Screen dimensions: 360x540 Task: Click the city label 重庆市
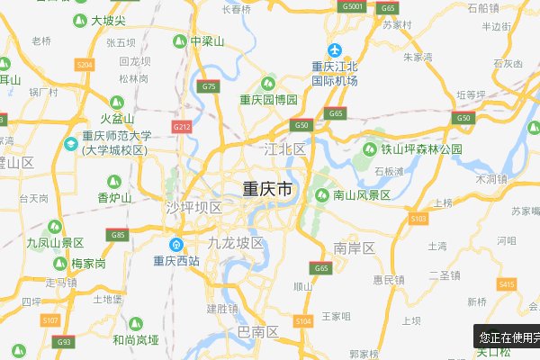coord(267,190)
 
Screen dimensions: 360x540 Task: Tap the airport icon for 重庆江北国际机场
coord(335,49)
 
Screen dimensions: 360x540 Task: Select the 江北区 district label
coord(285,148)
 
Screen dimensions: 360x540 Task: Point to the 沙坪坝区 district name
coord(193,208)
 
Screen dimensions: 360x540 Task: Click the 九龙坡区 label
coord(235,243)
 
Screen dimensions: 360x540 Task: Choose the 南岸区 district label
coord(354,247)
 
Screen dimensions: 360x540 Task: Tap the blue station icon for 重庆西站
coord(178,245)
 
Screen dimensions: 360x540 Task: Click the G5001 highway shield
coord(352,6)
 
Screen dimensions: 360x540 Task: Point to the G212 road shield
coord(182,127)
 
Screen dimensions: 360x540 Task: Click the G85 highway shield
coord(118,235)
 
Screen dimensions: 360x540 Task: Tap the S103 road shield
coord(418,218)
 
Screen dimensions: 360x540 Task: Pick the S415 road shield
coord(508,284)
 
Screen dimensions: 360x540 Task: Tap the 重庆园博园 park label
coord(268,99)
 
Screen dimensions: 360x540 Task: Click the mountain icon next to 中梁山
coord(180,41)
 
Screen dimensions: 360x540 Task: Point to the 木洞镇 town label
coord(492,179)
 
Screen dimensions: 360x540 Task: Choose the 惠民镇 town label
coord(390,280)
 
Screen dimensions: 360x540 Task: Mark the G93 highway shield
coord(63,342)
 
